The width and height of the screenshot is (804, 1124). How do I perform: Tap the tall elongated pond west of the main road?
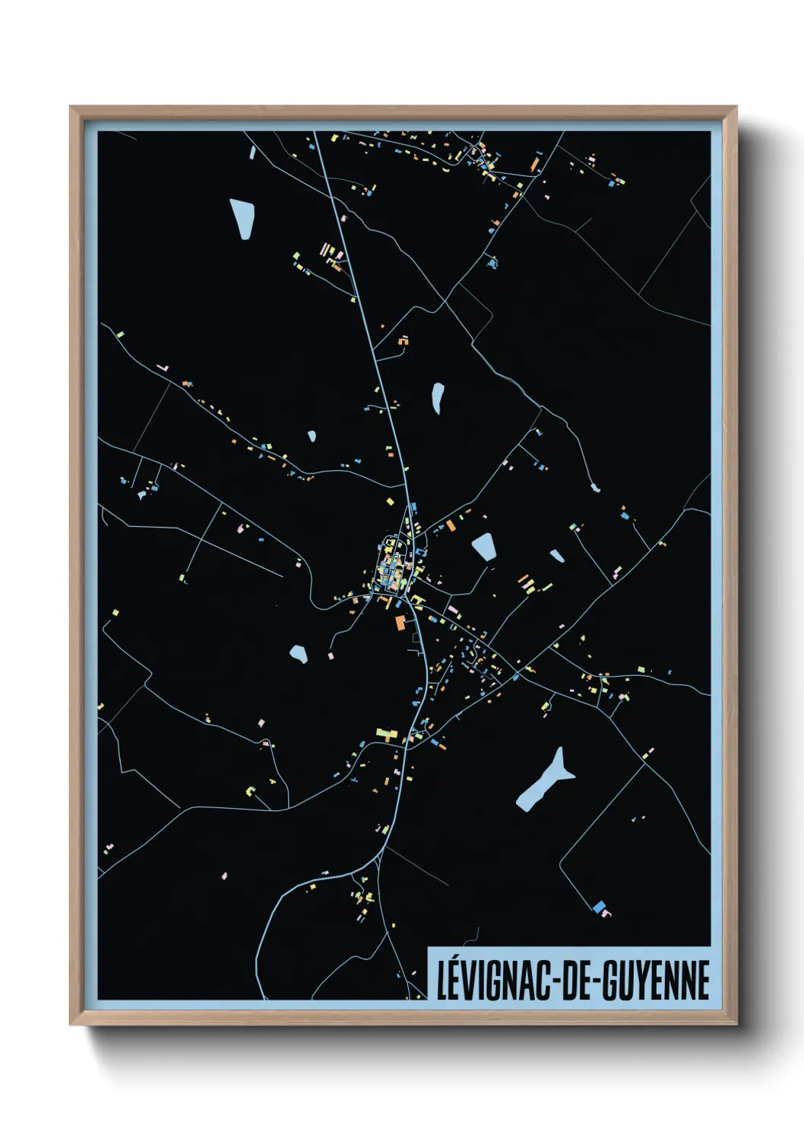point(242,218)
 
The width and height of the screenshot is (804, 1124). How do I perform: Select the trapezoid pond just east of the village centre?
point(484,546)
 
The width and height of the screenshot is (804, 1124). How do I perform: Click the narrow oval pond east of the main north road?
point(438,397)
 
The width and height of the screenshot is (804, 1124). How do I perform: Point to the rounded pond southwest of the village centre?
point(299,653)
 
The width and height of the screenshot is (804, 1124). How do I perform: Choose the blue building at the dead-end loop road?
point(600,906)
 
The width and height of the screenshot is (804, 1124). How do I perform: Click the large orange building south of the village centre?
point(400,624)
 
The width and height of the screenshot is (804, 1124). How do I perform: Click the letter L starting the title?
point(443,980)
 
